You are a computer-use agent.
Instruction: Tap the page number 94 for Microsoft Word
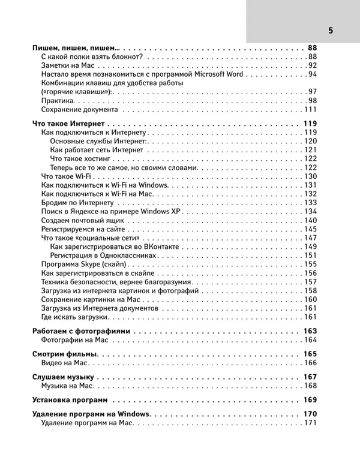pos(311,74)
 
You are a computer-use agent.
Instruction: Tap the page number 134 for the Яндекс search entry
pos(310,212)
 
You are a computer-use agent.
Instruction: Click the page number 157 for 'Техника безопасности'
pos(310,282)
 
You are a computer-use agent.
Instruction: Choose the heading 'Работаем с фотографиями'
pos(80,331)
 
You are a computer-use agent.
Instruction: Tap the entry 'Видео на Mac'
pos(65,363)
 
